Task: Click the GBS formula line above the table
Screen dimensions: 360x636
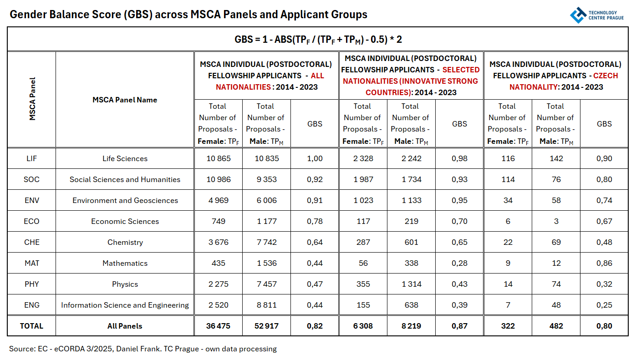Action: tap(318, 40)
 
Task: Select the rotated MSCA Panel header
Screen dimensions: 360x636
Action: tap(32, 99)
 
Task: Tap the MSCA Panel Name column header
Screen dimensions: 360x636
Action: tap(125, 100)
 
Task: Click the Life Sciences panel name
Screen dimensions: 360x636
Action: tap(125, 158)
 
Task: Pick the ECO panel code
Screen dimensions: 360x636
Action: tap(32, 221)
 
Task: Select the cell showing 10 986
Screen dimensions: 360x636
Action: tap(219, 179)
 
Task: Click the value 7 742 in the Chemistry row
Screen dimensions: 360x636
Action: tap(266, 242)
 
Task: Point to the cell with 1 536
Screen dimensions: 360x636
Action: tap(266, 263)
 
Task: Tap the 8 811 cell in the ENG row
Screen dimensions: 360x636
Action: tap(266, 305)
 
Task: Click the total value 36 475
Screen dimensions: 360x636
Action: tap(219, 326)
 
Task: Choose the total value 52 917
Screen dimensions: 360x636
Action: tap(266, 326)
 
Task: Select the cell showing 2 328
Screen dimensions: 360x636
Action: tap(363, 158)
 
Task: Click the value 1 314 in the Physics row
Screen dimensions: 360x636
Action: tap(411, 284)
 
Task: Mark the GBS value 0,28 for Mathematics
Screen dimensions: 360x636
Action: tap(459, 263)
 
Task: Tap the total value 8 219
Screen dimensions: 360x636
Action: tap(411, 326)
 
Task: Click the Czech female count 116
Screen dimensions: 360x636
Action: tap(508, 158)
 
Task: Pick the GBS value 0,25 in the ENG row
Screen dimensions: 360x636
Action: tap(604, 305)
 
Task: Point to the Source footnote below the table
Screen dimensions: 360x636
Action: tap(143, 349)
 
